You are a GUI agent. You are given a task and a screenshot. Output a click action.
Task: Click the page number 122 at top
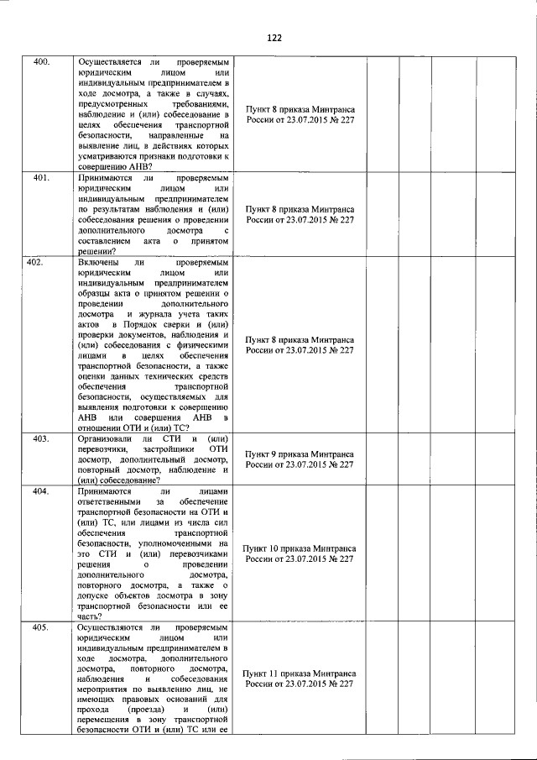point(274,39)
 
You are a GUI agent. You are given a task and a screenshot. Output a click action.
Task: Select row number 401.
point(41,179)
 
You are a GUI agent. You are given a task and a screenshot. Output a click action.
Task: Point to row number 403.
point(41,438)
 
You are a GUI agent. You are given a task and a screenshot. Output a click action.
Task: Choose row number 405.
point(41,627)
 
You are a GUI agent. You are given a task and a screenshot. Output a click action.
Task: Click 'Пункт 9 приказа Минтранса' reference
point(300,453)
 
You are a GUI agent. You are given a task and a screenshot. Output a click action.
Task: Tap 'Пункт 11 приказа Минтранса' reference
point(300,674)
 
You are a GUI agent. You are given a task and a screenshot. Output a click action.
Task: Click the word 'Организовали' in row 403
point(103,438)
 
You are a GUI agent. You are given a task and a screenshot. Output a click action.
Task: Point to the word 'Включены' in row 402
point(96,263)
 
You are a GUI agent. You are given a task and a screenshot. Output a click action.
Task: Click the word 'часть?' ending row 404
point(91,616)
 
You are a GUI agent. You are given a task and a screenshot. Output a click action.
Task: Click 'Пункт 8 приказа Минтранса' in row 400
point(300,110)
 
